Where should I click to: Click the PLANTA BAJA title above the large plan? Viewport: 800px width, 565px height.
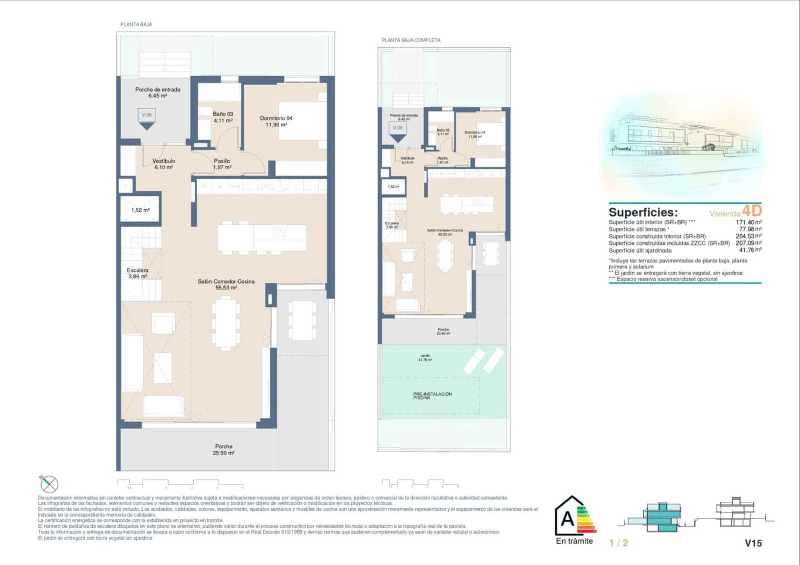[x=136, y=24]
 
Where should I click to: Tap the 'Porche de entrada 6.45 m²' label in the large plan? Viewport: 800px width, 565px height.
[x=157, y=92]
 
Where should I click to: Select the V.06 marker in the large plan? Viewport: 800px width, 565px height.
[x=146, y=115]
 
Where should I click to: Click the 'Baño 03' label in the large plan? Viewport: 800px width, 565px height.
[x=222, y=117]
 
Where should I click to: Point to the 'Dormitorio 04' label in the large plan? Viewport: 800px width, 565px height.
[x=276, y=121]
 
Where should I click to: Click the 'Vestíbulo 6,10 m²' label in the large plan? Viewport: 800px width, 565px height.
[x=163, y=164]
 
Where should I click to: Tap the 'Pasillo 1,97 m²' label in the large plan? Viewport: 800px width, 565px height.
[x=222, y=164]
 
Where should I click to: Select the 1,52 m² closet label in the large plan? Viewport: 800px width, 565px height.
[x=140, y=210]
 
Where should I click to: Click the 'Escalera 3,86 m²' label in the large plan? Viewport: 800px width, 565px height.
[x=137, y=273]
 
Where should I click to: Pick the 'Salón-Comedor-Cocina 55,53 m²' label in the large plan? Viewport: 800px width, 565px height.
[x=226, y=284]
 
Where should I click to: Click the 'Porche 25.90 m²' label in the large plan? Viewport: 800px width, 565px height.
[x=223, y=449]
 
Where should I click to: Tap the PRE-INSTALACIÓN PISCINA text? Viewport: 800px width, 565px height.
[x=432, y=395]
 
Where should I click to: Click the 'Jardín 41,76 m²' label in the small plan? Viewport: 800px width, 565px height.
[x=425, y=357]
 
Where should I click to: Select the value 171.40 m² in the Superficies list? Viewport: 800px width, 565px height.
[x=748, y=222]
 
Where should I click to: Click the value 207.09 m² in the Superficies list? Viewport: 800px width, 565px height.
[x=748, y=243]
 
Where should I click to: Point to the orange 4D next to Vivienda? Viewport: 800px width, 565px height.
[x=751, y=210]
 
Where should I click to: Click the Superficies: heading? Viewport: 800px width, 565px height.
[x=643, y=212]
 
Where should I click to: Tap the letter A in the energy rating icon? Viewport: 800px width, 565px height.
[x=567, y=519]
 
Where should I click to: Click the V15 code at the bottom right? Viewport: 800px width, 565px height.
[x=753, y=543]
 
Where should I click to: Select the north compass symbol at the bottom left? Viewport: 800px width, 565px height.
[x=49, y=483]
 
